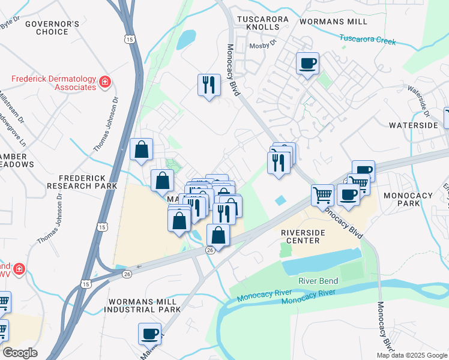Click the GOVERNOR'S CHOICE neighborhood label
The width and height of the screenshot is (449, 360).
(x=52, y=28)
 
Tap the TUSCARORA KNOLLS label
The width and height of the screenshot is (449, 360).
(x=263, y=20)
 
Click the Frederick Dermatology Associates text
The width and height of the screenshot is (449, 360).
(x=54, y=83)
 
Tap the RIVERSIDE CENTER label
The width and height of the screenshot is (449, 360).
(x=303, y=236)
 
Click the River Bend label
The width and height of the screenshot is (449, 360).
(x=319, y=281)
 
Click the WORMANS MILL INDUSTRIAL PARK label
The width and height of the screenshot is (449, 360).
(x=142, y=305)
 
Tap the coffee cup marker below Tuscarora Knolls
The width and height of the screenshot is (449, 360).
(x=307, y=63)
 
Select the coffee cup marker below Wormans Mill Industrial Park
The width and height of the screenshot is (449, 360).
(x=149, y=333)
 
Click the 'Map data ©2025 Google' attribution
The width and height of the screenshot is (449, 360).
(x=412, y=355)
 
